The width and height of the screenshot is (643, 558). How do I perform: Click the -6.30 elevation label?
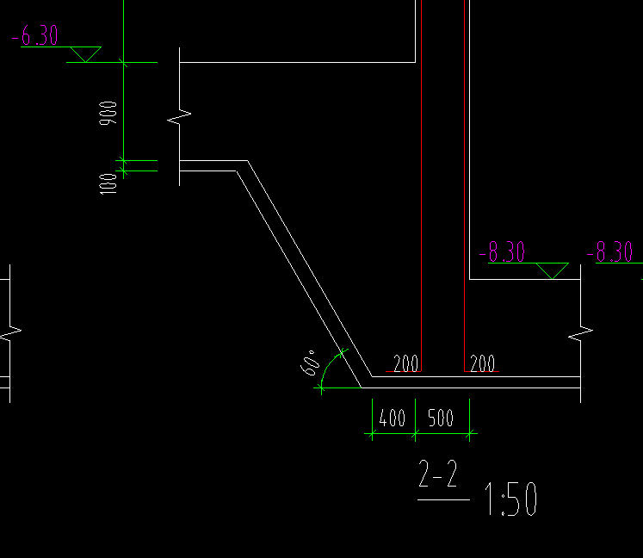coord(34,35)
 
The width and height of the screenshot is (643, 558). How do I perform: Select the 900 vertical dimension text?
coord(108,113)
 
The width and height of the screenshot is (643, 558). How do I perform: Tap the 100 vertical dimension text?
coord(108,183)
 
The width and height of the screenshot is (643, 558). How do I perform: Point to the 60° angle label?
coord(310,363)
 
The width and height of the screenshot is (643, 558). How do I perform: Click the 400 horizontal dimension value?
coord(392,418)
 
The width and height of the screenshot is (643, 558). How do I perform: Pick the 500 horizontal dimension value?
coord(441,418)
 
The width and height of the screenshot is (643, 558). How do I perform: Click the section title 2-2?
coord(437,473)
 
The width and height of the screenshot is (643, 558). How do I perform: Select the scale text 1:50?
coord(511,499)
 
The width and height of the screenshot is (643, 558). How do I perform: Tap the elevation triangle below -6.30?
coord(86,54)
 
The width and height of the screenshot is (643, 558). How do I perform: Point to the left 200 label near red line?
coord(405,363)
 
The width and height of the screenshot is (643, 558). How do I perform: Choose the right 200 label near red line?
coord(482,363)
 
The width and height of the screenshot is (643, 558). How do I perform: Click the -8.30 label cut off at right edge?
coord(609,251)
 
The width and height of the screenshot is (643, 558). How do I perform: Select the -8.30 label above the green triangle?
coord(502,251)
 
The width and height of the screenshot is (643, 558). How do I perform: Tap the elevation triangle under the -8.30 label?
coord(553,270)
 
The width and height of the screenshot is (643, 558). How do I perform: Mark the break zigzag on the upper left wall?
coord(179,117)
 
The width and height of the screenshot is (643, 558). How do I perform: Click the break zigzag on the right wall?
coord(581,333)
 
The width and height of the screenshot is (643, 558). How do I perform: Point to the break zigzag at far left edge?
coord(9,333)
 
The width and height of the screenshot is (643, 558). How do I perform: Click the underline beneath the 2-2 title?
coord(443,499)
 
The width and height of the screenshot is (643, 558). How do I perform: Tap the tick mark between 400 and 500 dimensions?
coord(416,433)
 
